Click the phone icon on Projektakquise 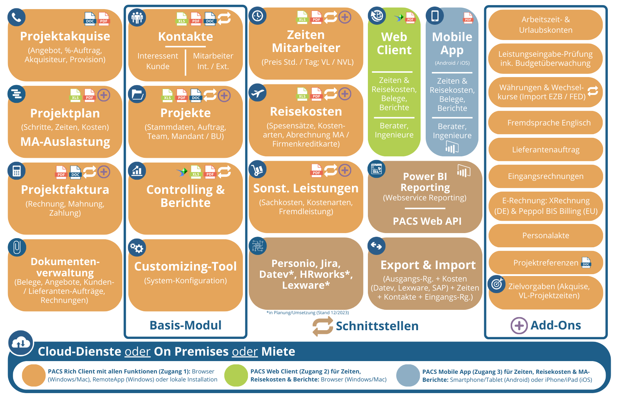pyautogui.click(x=17, y=17)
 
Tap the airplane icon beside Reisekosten pyautogui.click(x=258, y=93)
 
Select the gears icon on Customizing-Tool pyautogui.click(x=137, y=248)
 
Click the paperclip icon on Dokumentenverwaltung pyautogui.click(x=17, y=247)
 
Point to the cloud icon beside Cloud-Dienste pyautogui.click(x=21, y=343)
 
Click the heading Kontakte pyautogui.click(x=185, y=37)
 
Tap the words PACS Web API pyautogui.click(x=427, y=221)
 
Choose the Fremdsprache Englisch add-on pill pyautogui.click(x=546, y=123)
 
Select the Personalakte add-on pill pyautogui.click(x=546, y=236)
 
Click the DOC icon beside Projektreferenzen pyautogui.click(x=586, y=263)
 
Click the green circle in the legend pyautogui.click(x=236, y=375)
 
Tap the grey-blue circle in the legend pyautogui.click(x=408, y=375)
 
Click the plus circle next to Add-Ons pyautogui.click(x=519, y=325)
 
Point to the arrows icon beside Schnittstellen pyautogui.click(x=323, y=326)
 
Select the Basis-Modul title pyautogui.click(x=185, y=325)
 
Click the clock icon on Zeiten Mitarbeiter pyautogui.click(x=258, y=16)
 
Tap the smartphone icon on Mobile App pyautogui.click(x=434, y=16)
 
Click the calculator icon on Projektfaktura pyautogui.click(x=17, y=171)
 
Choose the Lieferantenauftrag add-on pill pyautogui.click(x=546, y=149)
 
